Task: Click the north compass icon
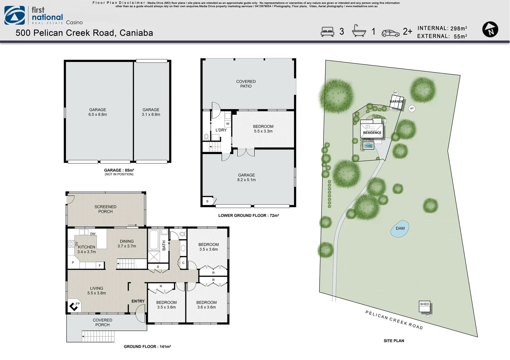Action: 490,29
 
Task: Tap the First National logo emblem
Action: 15,16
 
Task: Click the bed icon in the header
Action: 327,32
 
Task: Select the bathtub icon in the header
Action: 359,31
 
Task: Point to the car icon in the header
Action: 390,33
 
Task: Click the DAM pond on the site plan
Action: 400,229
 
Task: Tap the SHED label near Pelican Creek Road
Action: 424,304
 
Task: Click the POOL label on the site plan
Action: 369,146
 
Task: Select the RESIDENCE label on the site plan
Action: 372,133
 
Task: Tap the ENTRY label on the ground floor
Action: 138,301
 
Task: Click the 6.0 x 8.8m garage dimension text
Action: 98,115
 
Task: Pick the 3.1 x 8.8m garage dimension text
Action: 151,115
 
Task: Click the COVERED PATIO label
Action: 246,84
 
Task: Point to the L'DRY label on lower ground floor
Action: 221,130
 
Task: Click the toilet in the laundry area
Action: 206,137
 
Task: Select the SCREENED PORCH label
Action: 105,209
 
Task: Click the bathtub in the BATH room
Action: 154,240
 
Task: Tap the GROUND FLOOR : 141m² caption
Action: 147,347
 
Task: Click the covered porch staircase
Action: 98,336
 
